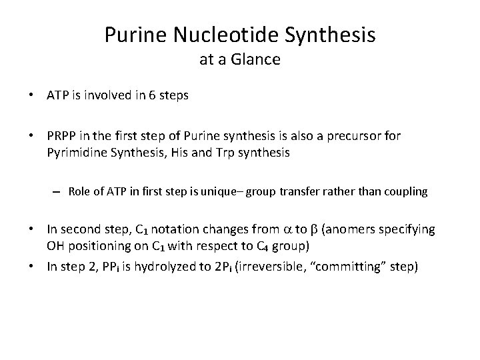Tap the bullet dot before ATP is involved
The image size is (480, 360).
[31, 95]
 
